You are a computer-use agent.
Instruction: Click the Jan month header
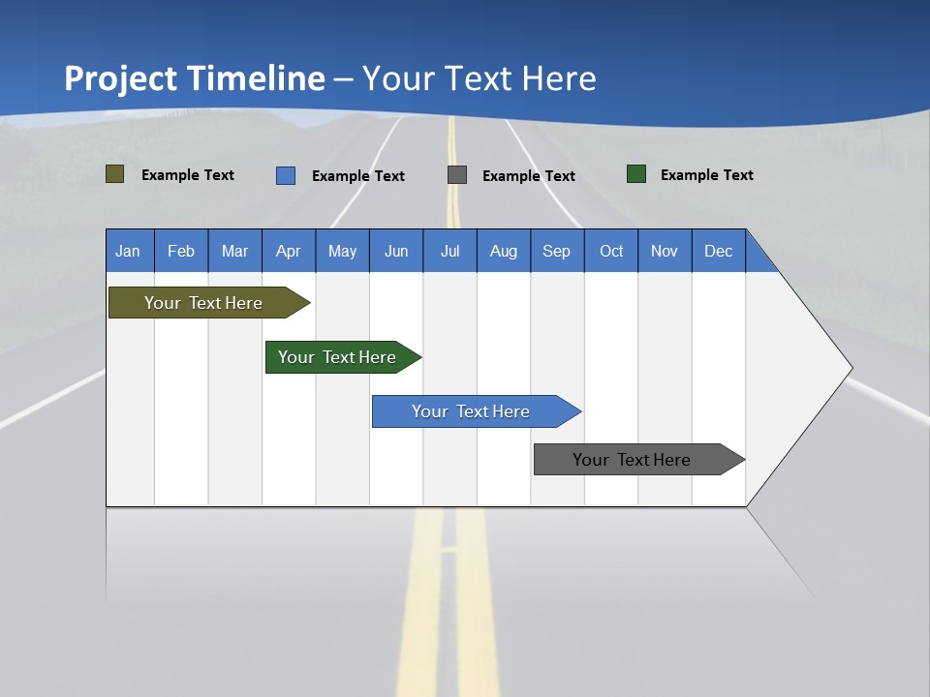[129, 251]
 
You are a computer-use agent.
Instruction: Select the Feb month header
[181, 251]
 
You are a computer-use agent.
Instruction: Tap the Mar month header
[234, 251]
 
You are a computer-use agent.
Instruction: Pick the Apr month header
[289, 251]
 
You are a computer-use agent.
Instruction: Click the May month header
[342, 251]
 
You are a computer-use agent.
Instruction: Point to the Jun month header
[396, 251]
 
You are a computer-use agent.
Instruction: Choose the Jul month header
[449, 251]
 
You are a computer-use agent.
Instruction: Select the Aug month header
[504, 251]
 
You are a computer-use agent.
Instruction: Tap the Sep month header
[557, 251]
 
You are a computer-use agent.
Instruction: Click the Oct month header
[611, 251]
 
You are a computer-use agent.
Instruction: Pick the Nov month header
[665, 251]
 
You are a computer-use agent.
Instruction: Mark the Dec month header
[719, 251]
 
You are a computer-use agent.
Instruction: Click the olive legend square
[115, 174]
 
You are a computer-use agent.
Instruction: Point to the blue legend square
[286, 175]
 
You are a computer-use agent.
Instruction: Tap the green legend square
[636, 174]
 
